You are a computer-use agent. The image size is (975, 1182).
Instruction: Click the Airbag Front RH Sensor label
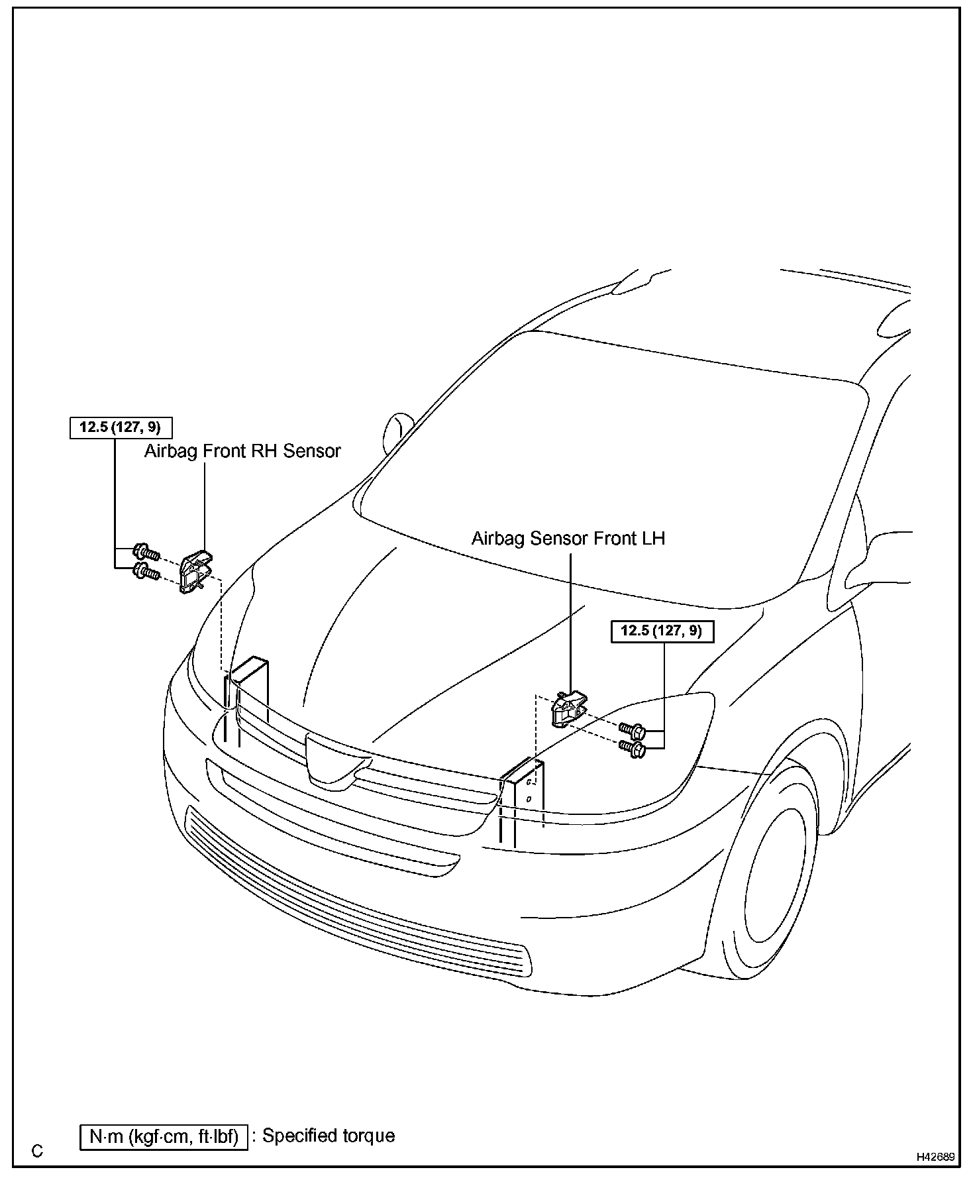242,451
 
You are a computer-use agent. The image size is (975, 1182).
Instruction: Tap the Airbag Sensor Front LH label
568,538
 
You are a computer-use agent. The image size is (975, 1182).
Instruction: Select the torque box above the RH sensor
120,427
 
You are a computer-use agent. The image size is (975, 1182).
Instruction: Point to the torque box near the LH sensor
662,631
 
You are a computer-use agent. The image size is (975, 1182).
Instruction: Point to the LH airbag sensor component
568,708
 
